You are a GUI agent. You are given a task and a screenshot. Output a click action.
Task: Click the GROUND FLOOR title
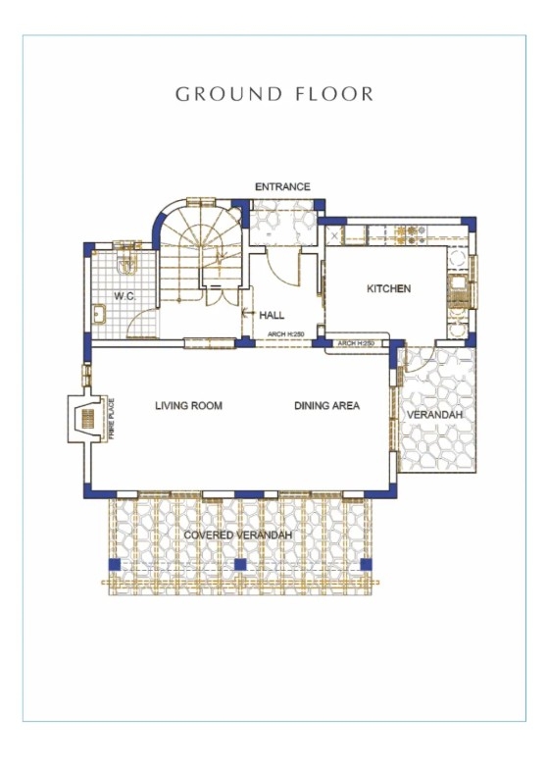coord(273,94)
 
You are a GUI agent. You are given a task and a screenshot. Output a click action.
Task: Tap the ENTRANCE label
coord(282,187)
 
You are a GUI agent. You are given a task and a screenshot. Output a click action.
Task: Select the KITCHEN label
coord(388,288)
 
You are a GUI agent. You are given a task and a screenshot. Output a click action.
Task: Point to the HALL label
coord(272,315)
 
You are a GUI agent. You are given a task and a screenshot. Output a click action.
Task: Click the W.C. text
coord(124,295)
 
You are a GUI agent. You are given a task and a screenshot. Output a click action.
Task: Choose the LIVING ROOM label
coord(188,405)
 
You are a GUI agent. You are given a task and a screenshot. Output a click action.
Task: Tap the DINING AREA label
coord(327,405)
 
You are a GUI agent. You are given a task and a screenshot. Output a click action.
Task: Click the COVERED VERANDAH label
coord(238,535)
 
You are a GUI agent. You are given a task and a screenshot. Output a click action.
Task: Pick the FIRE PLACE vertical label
coord(112,419)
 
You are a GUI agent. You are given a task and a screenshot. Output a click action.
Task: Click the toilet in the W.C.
coord(126,264)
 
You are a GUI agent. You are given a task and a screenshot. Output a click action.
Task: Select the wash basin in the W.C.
coord(99,313)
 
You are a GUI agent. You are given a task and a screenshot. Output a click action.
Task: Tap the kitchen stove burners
coord(411,234)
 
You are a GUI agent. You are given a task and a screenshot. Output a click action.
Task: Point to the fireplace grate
coord(88,419)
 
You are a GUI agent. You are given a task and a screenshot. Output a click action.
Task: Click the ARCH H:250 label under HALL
coord(285,334)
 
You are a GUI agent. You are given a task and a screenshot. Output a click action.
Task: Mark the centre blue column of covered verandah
coord(240,565)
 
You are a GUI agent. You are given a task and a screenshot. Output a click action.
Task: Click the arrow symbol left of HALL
coord(249,313)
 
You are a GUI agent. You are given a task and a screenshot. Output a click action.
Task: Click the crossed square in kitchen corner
coord(334,236)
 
